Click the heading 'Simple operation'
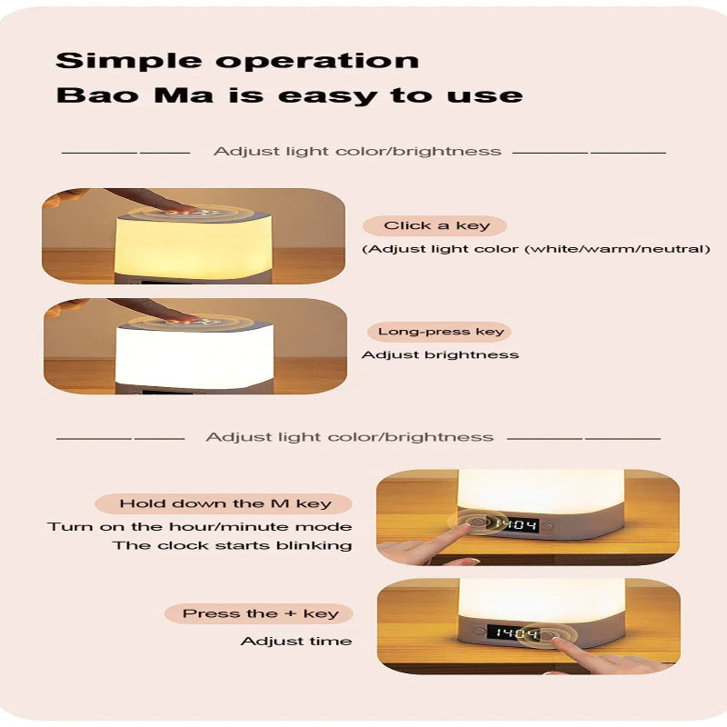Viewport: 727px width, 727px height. [x=237, y=61]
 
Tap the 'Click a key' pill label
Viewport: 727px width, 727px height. [x=435, y=225]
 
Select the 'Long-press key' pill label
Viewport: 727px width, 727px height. [x=440, y=332]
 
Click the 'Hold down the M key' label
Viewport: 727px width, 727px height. [x=224, y=503]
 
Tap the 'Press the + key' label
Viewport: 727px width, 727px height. [x=260, y=613]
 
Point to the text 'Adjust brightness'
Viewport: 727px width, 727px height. [x=440, y=355]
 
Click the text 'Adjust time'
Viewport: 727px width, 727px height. [x=296, y=642]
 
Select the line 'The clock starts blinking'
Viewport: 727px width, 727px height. [x=232, y=545]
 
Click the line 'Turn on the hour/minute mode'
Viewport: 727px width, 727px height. [x=200, y=527]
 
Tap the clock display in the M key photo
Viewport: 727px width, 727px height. [x=514, y=525]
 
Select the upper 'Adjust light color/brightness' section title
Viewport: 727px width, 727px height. [x=357, y=152]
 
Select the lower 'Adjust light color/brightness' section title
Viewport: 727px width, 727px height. [x=350, y=437]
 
